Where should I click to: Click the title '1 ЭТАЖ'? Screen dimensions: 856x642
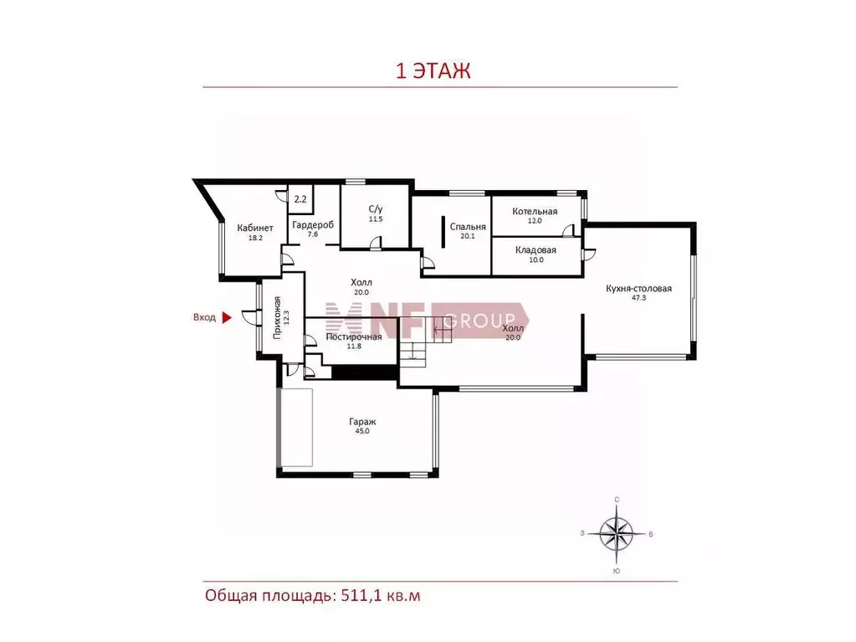tap(433, 71)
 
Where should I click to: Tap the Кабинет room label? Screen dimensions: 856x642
tap(255, 228)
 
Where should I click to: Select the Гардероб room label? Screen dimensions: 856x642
tap(313, 224)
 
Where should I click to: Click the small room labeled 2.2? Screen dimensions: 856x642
tap(300, 199)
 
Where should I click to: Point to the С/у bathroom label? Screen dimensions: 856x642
tap(376, 208)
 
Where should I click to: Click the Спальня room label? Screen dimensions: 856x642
tap(468, 227)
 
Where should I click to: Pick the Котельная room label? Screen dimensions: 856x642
tap(535, 211)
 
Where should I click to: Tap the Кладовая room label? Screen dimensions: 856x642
tap(536, 250)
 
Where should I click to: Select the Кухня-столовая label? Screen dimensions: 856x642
tap(638, 288)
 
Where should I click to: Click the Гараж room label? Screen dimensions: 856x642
tap(362, 422)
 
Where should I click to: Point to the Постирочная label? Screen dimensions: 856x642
tap(354, 336)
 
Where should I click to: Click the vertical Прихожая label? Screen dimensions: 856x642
tap(277, 318)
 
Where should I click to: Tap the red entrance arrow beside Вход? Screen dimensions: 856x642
tap(227, 317)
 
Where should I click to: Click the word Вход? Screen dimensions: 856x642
tap(204, 317)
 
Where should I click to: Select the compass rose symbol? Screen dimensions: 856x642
tap(617, 534)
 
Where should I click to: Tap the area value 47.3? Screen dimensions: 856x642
tap(638, 298)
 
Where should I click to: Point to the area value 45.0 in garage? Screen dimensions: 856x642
tap(362, 431)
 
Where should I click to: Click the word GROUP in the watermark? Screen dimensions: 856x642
tap(479, 320)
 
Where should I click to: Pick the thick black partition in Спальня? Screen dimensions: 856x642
tap(443, 232)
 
